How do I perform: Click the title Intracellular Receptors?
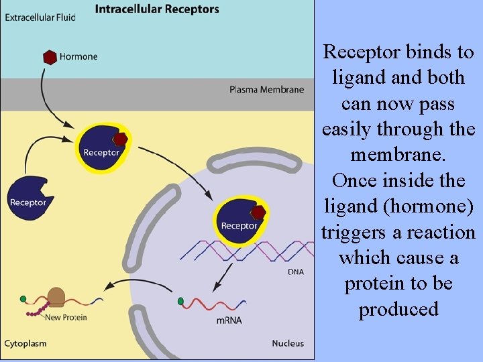[x=157, y=9]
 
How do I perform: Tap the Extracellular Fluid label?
[x=40, y=16]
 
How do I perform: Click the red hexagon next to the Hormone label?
[x=49, y=57]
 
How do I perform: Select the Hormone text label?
[x=78, y=57]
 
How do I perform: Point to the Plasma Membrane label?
[x=266, y=89]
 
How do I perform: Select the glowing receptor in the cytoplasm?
[x=101, y=148]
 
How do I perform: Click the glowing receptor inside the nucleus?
[x=239, y=221]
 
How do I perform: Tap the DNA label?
[x=296, y=272]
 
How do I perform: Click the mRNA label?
[x=228, y=321]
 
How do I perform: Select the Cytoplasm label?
[x=25, y=343]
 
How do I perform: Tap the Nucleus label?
[x=287, y=343]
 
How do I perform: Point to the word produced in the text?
[x=398, y=309]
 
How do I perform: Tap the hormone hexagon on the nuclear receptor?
[x=258, y=213]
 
